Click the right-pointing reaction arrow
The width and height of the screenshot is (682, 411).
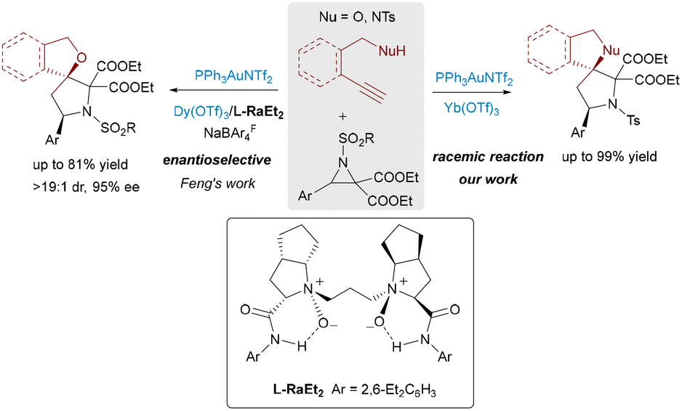point(476,92)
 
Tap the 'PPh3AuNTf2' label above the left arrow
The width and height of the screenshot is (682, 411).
point(226,76)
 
